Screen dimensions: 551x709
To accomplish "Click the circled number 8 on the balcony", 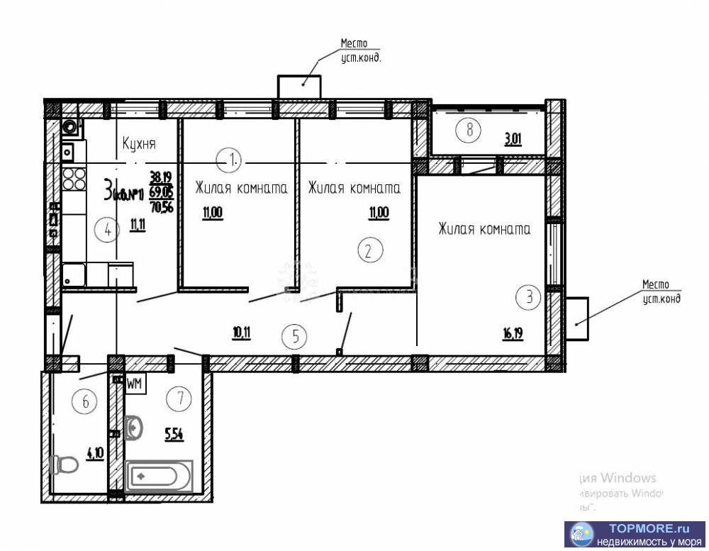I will pos(469,129).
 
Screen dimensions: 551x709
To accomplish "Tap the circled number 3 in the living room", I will pos(527,297).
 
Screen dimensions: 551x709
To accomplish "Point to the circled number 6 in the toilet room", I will pos(86,402).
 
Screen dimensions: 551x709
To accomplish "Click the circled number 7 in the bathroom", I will pos(181,399).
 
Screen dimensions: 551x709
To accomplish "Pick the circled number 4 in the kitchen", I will pos(107,230).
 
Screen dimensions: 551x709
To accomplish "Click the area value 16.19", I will pos(513,333).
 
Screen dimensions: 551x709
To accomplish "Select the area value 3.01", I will pos(513,140).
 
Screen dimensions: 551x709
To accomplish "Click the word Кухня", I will pos(139,144).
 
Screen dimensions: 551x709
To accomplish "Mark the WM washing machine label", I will pos(135,384).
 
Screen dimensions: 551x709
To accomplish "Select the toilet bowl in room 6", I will pos(65,464).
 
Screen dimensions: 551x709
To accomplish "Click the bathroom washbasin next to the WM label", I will pos(133,428).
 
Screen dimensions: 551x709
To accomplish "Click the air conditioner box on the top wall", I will pos(298,87).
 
